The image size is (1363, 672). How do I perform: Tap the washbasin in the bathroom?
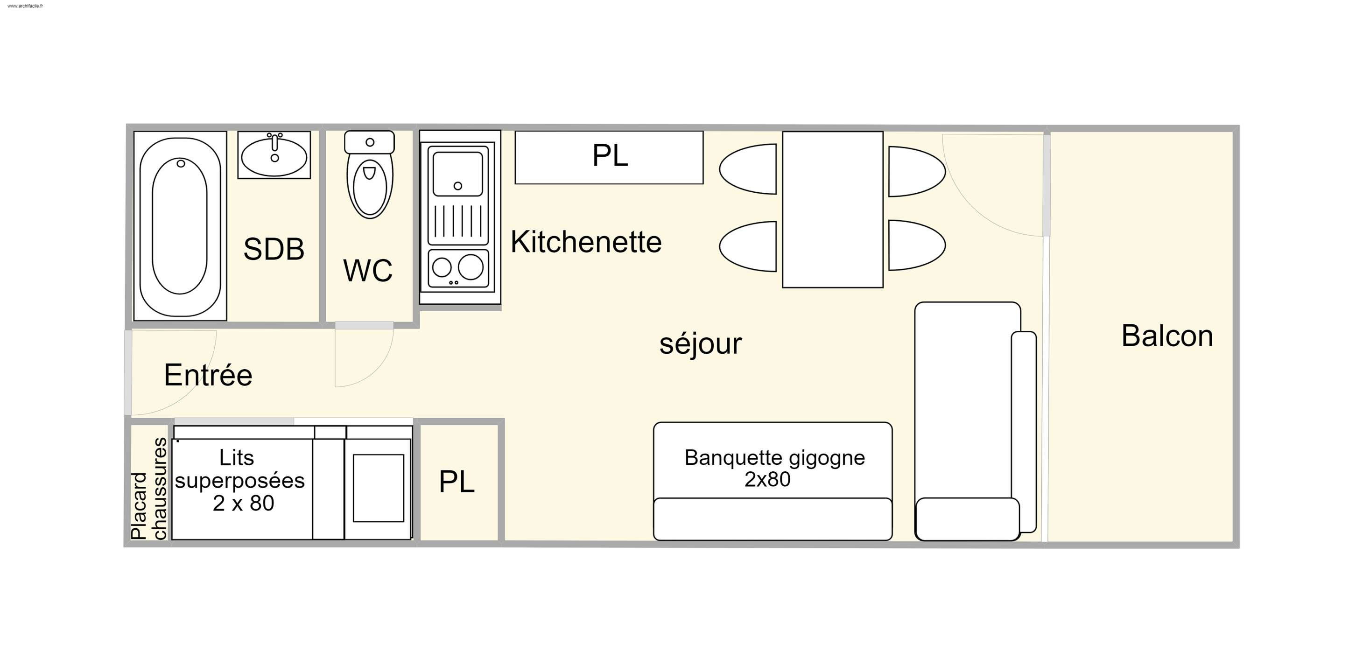coord(274,155)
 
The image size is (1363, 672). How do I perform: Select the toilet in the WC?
coord(370,175)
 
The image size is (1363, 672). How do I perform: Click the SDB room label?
coord(274,249)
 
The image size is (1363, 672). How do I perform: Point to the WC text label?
coord(368,270)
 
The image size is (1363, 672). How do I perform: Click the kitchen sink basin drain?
coord(458,186)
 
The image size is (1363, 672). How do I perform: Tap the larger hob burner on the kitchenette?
coord(471,266)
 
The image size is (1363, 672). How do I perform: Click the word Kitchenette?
coord(586,242)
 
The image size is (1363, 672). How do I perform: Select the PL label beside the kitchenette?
coord(610,155)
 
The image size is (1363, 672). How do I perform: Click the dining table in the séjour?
coord(832,210)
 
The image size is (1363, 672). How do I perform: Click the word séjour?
coord(701,344)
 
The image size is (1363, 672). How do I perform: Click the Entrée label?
coord(208,375)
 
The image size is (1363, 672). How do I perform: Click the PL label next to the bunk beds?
coord(457,482)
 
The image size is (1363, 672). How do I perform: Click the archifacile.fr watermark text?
coord(25,6)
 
